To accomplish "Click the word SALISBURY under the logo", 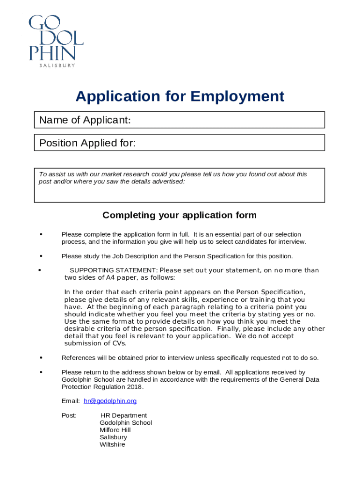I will point(57,65).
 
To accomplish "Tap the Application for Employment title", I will point(180,96).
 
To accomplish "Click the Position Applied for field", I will point(229,143).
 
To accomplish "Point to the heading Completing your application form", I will point(180,215).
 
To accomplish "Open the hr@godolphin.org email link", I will point(110,401).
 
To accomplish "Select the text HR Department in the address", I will point(123,415).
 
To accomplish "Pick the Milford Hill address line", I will point(115,430).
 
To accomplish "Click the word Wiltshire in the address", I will point(112,444).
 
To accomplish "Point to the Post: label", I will point(69,415).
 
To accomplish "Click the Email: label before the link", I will point(71,401).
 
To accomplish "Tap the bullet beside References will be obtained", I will point(41,358).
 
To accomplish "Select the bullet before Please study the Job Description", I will point(41,256).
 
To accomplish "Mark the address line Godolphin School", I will point(126,423).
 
